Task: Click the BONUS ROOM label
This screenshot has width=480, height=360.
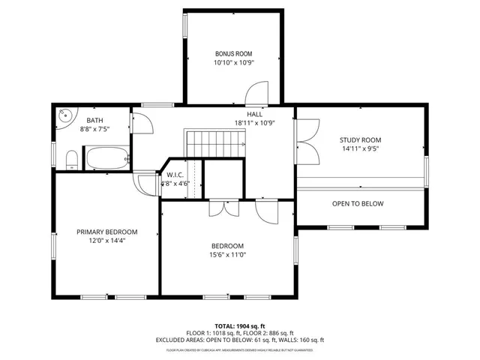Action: click(233, 54)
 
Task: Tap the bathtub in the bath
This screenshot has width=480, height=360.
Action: click(106, 158)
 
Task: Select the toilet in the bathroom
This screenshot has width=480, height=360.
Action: click(71, 159)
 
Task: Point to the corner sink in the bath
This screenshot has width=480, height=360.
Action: click(65, 116)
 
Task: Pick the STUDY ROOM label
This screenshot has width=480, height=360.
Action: click(360, 140)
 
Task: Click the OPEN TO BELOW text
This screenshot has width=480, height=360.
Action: click(358, 204)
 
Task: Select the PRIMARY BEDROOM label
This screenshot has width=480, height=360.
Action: click(107, 232)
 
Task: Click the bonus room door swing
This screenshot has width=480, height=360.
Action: click(257, 94)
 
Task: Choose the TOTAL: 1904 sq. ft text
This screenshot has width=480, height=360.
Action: click(240, 326)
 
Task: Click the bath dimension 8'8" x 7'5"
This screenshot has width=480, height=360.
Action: click(95, 129)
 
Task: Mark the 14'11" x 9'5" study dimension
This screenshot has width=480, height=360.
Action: click(360, 149)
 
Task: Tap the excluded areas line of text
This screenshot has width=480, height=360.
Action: click(240, 340)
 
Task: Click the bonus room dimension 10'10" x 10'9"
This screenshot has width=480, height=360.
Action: click(233, 63)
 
